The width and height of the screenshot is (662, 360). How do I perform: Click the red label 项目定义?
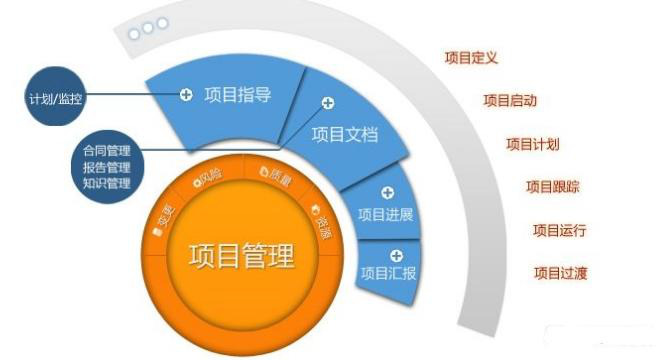[x=472, y=57]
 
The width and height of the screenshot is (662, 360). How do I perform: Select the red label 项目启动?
[x=511, y=100]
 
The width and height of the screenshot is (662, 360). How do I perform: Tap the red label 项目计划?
[x=534, y=144]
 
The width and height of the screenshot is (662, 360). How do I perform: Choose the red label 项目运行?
[x=559, y=230]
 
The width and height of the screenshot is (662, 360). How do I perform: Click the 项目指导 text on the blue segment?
[x=238, y=95]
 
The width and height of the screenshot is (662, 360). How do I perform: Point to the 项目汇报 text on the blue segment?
[x=387, y=273]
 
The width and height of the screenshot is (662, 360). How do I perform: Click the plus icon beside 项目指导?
[x=186, y=95]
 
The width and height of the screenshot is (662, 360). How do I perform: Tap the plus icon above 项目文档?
[x=328, y=102]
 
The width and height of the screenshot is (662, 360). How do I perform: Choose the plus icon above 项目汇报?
[x=396, y=254]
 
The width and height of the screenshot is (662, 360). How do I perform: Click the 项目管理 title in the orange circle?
[x=241, y=256]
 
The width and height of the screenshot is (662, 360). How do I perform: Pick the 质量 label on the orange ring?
[x=274, y=175]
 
